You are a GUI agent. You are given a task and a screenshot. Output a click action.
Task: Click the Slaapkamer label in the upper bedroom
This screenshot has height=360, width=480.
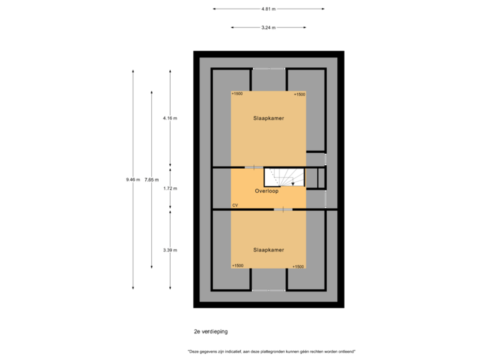coord(269,118)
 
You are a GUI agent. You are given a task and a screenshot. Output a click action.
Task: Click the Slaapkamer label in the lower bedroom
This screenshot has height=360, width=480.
coord(269,250)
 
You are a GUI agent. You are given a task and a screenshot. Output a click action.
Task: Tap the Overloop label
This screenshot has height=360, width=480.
coord(266,191)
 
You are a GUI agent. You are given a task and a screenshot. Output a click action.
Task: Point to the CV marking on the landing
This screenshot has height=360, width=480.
coord(235,205)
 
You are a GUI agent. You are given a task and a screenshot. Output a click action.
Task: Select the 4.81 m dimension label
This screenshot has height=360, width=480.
coord(269,9)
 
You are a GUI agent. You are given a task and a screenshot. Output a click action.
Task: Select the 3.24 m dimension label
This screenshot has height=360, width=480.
coord(269,27)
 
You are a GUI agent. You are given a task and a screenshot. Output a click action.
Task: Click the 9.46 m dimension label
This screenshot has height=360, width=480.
coord(133,179)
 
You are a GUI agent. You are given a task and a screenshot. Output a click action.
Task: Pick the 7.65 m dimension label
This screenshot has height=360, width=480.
coord(152,179)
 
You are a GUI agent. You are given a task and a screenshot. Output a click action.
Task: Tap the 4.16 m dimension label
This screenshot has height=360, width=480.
coord(170,118)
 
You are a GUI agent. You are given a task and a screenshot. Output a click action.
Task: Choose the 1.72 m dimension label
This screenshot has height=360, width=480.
coord(170,188)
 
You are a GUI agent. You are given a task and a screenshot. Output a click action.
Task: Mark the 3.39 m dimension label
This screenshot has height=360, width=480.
coord(170,250)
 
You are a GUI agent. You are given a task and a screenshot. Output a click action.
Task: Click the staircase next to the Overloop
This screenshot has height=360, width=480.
coord(291,177)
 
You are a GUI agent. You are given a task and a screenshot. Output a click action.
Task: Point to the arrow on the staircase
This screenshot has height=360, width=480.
coord(292,182)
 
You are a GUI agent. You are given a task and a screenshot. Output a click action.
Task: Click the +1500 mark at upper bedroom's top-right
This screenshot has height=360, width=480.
coord(299,95)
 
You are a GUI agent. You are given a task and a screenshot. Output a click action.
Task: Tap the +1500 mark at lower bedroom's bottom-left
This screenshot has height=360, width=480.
coord(237,266)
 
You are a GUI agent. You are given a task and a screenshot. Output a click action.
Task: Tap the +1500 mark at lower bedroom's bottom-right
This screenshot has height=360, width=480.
coord(299,266)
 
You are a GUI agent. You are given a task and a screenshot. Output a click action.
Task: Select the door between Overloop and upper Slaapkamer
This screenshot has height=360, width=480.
coord(254,167)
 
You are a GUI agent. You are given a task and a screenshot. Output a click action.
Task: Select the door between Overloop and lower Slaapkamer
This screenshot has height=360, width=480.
coord(283,209)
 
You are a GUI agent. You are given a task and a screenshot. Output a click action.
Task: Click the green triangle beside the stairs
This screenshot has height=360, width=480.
coord(269,176)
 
